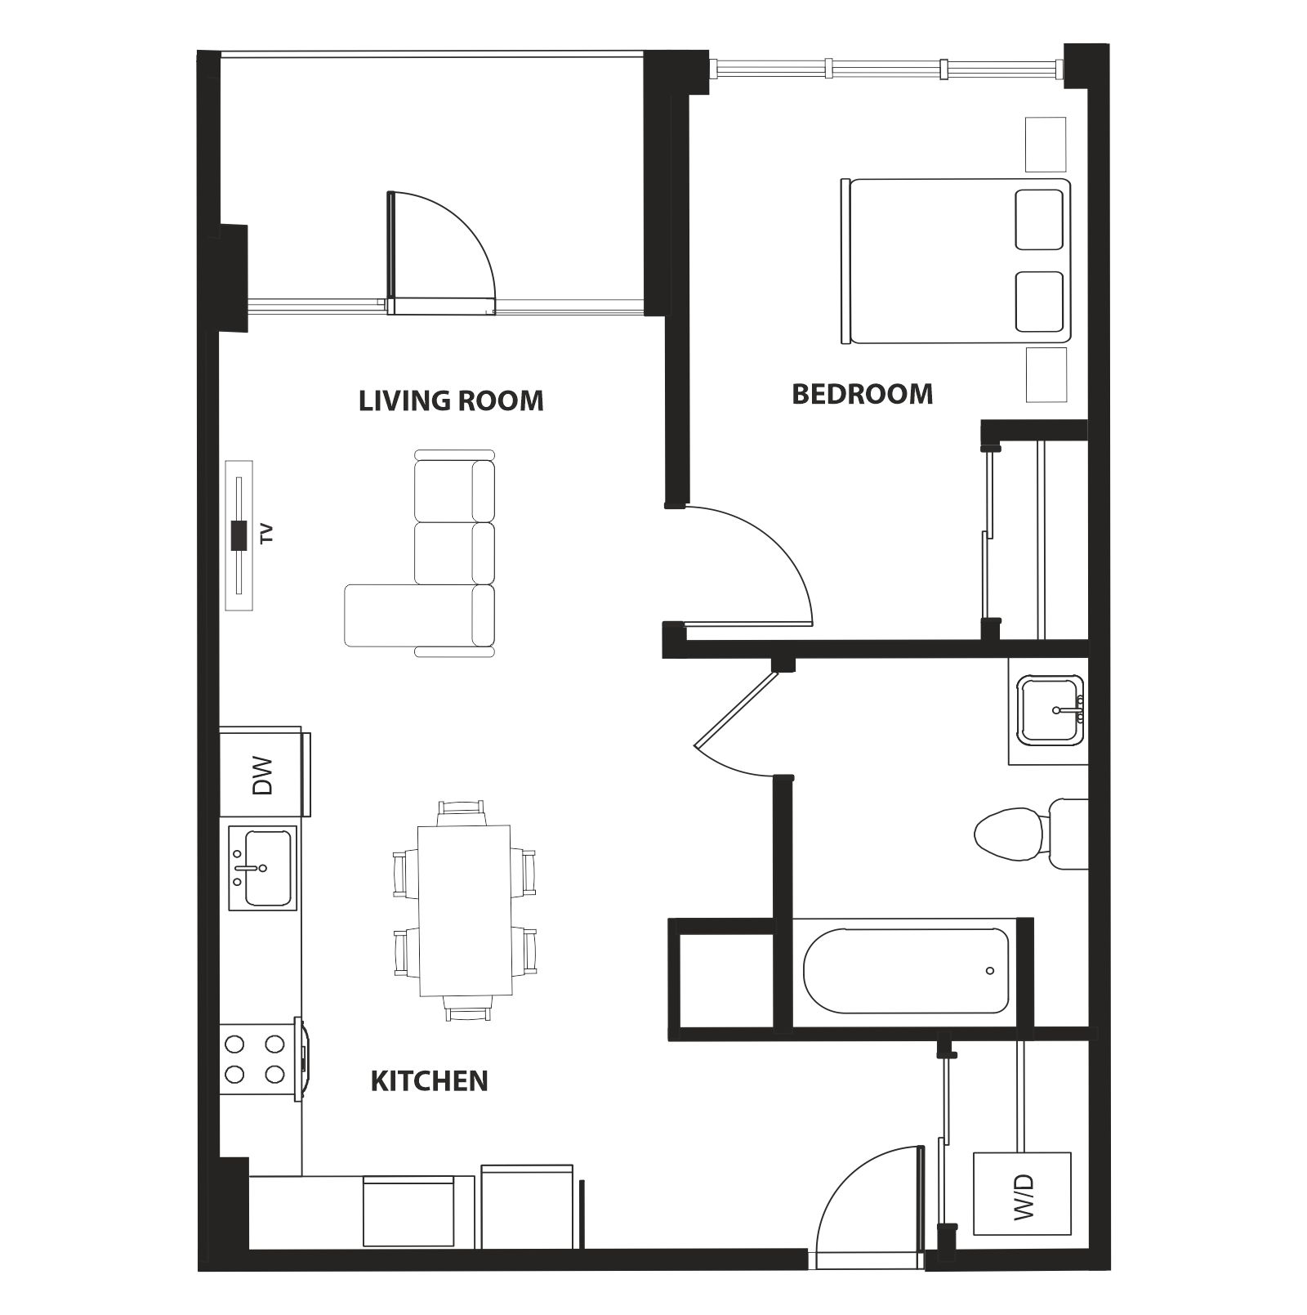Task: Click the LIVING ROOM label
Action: click(451, 400)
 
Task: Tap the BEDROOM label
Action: click(863, 394)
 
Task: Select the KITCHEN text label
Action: click(430, 1081)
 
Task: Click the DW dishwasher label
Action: click(261, 775)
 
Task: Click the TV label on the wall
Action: click(265, 534)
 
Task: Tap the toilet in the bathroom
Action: click(1031, 834)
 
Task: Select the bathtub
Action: click(906, 970)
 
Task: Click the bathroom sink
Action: click(1050, 710)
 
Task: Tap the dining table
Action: click(465, 910)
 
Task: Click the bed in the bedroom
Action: click(955, 261)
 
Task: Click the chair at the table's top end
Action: click(462, 812)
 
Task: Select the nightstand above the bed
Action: click(1046, 145)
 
